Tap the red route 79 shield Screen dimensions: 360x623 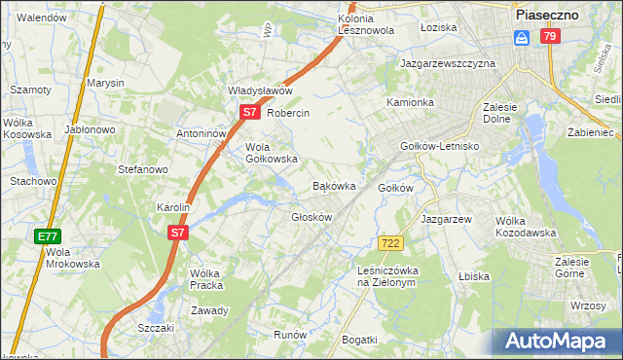pos(551,36)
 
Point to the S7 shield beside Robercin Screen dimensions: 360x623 pos(249,113)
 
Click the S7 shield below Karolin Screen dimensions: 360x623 pos(177,233)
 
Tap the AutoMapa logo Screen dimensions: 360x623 pos(557,341)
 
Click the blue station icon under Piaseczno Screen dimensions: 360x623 pos(522,37)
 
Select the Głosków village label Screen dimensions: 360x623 pos(312,217)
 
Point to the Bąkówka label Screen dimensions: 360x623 pos(333,185)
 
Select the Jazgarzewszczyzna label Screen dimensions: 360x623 pos(448,63)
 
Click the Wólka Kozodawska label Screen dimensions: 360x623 pos(525,227)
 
